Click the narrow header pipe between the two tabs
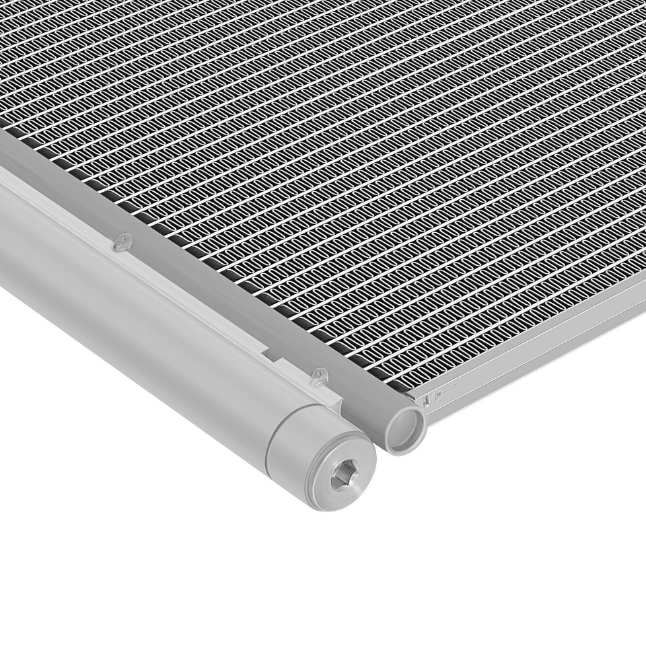(222, 296)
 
